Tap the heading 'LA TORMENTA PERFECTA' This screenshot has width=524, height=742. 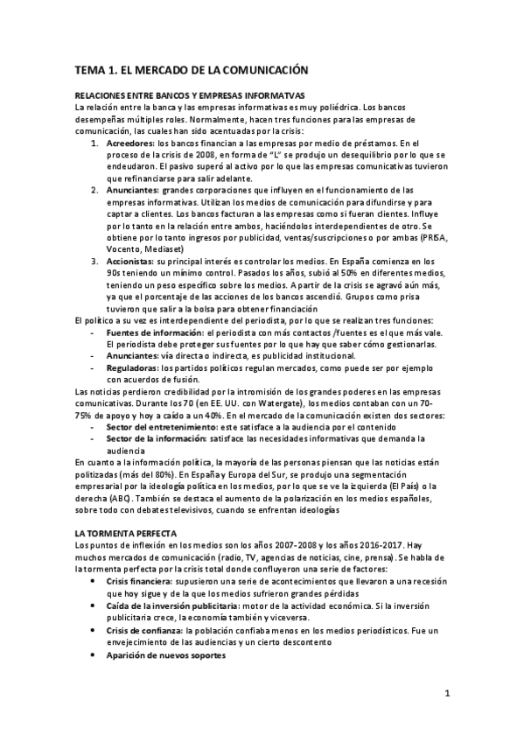click(x=127, y=533)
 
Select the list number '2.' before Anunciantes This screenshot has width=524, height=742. click(x=95, y=190)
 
